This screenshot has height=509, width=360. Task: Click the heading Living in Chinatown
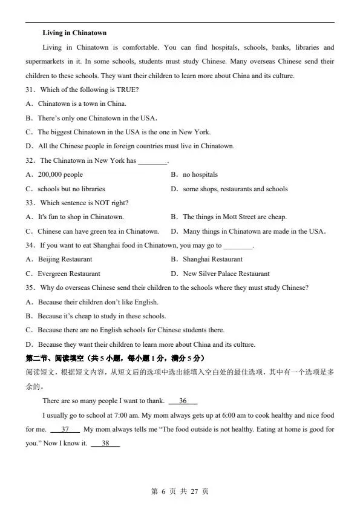coord(74,33)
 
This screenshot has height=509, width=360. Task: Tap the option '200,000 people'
coord(60,174)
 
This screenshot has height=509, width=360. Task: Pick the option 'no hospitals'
coord(200,174)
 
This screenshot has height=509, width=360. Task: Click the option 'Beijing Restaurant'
coord(65,259)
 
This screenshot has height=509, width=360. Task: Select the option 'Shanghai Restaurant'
coord(212,259)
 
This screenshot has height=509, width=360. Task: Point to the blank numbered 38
coord(105,444)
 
